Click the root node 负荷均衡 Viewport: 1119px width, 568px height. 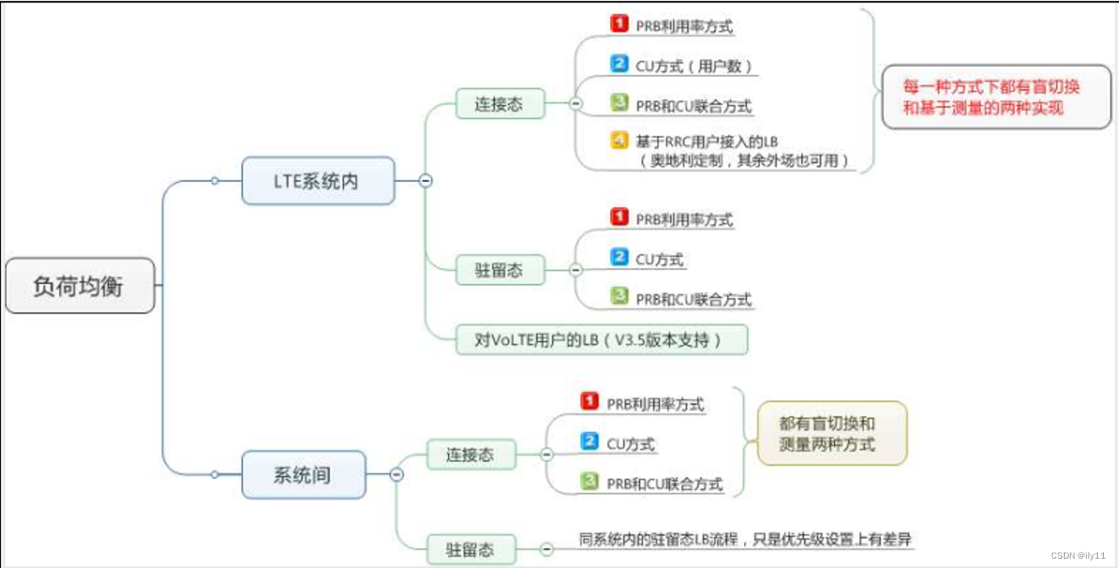pos(79,287)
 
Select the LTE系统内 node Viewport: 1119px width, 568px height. pos(317,181)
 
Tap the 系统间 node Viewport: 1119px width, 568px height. pos(302,475)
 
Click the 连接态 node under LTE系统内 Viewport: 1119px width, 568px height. pos(499,103)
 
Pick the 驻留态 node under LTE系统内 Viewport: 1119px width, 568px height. pos(499,270)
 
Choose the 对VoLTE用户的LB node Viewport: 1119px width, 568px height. pos(601,340)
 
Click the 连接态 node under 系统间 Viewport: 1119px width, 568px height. pos(470,454)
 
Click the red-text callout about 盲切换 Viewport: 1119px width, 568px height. pos(996,97)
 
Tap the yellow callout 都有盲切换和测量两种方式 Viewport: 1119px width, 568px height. pos(831,433)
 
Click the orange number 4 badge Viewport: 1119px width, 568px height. pos(619,142)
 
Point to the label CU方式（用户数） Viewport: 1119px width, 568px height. pos(694,65)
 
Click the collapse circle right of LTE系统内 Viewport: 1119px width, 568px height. pos(426,181)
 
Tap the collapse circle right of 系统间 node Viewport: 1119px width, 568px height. pos(396,475)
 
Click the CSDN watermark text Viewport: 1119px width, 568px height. pos(1077,555)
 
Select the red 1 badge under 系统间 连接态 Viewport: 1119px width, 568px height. pos(590,402)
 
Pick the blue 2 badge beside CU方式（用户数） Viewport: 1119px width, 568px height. pos(619,64)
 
